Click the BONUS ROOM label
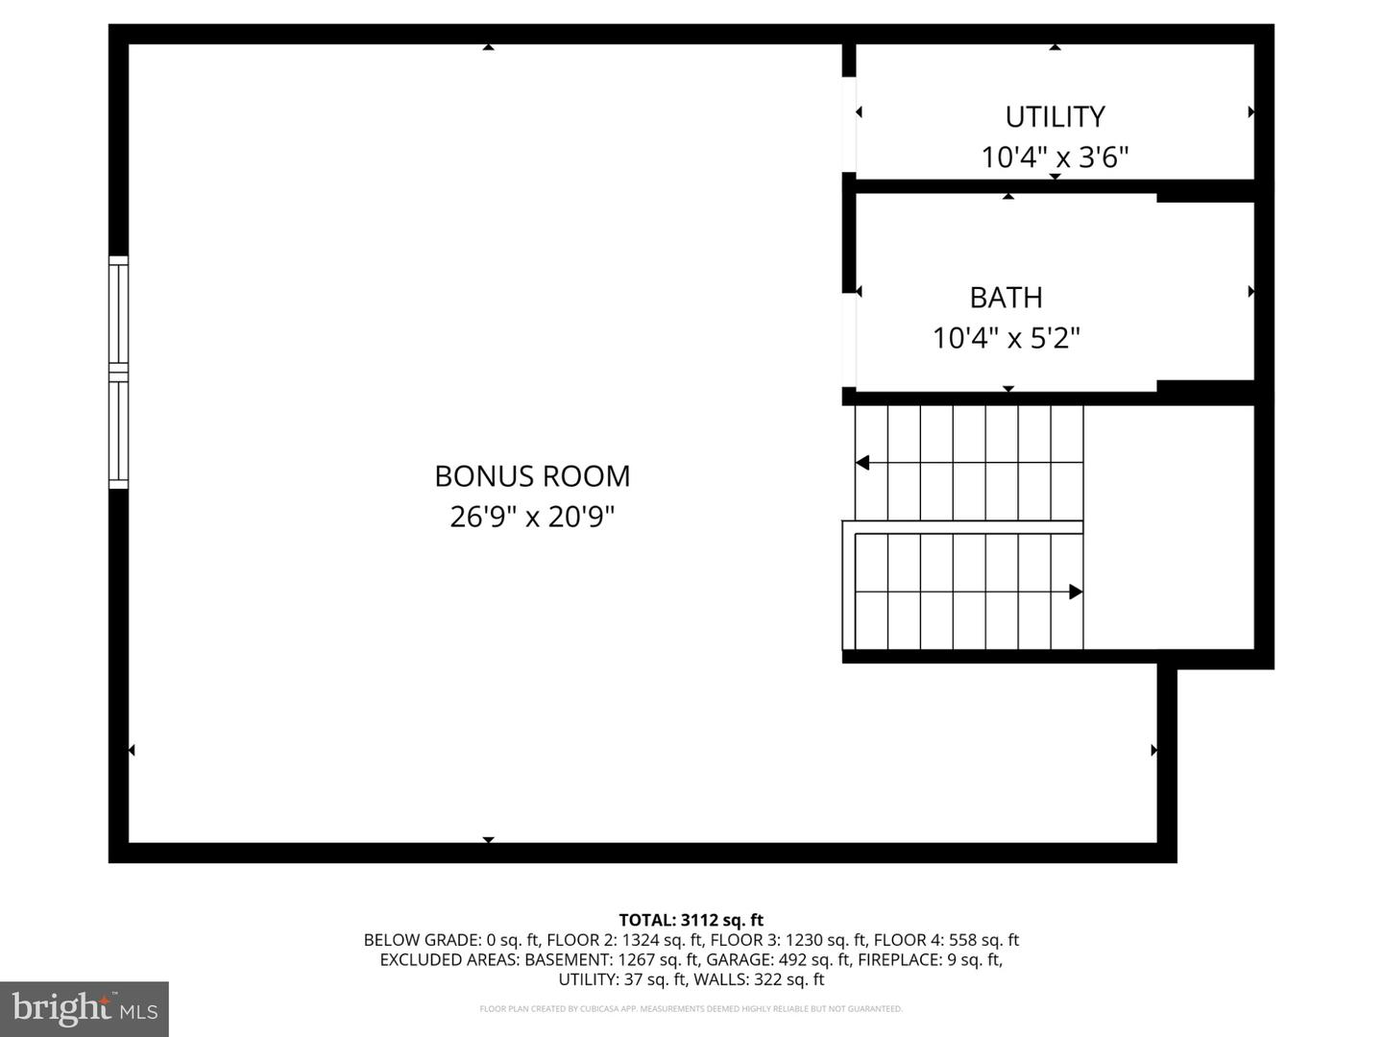pos(532,476)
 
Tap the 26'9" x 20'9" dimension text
pos(532,518)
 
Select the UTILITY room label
pos(1055,117)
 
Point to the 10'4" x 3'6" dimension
pos(1055,157)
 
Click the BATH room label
pos(1006,298)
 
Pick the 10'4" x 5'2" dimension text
pos(1006,338)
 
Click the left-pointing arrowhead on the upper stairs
pos(862,463)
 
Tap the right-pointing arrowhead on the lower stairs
pos(1076,591)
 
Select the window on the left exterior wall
pos(118,373)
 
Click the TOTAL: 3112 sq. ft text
pos(691,920)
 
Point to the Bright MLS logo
pos(85,1008)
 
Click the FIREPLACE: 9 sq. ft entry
pos(930,959)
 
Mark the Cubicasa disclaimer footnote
pos(691,1009)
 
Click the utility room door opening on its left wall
pos(849,125)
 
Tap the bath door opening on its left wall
pos(849,340)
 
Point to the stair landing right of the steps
pos(1169,528)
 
